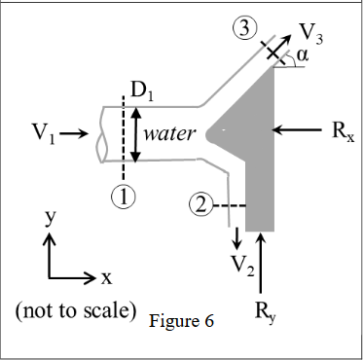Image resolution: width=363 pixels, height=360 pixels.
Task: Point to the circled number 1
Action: tap(123, 195)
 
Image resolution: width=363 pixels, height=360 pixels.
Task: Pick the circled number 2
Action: tap(200, 205)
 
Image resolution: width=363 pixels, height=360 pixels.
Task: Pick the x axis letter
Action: tap(106, 278)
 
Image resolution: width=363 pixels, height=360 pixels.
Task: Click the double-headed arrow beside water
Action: tap(134, 133)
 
